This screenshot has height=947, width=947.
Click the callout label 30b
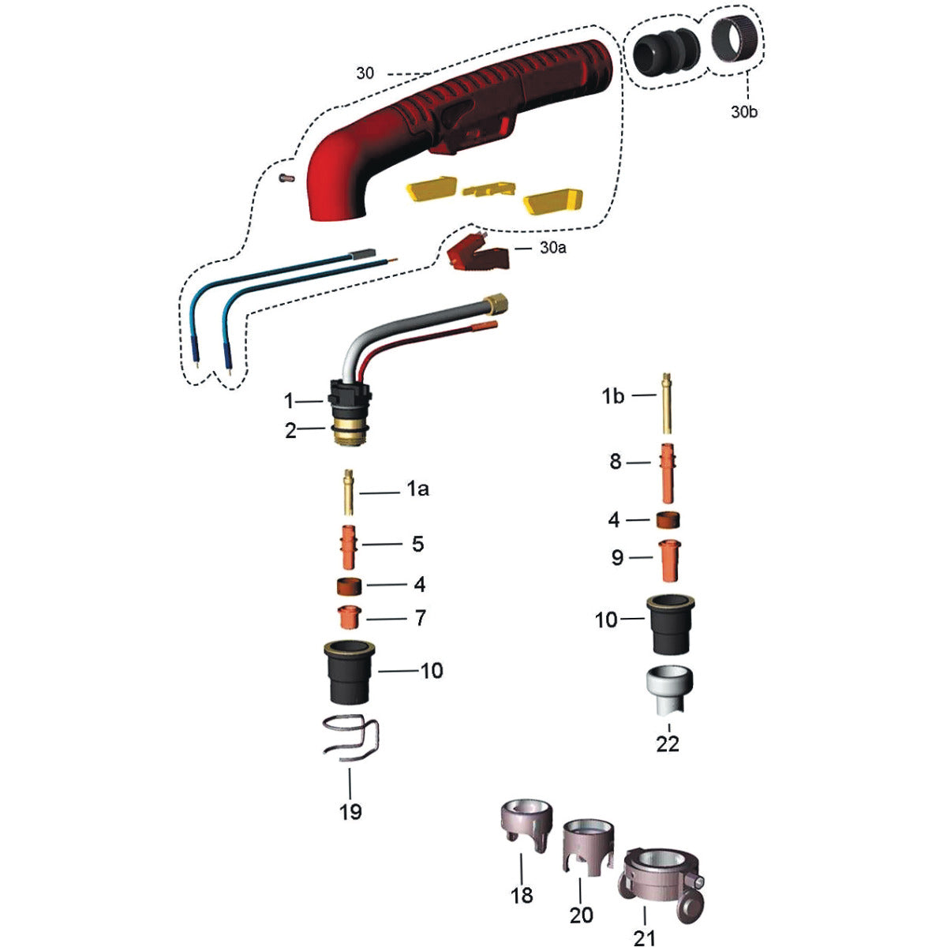[744, 111]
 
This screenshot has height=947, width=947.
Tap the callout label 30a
[553, 247]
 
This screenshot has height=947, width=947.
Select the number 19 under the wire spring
[350, 810]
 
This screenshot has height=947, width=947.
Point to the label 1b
[613, 396]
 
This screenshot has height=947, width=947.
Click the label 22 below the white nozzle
[668, 743]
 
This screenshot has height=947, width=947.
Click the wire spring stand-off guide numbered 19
[353, 740]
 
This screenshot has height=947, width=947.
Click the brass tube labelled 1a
[349, 493]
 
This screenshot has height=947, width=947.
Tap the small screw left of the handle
[287, 178]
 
